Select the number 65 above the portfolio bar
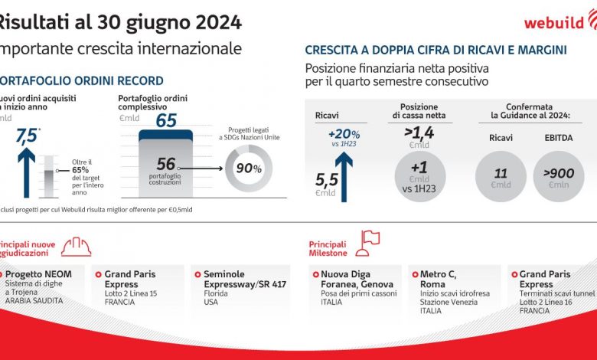(x=166, y=120)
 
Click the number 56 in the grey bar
(x=166, y=163)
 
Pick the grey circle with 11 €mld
(x=501, y=177)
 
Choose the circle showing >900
(x=559, y=177)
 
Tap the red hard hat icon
(x=76, y=245)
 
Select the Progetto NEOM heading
(x=39, y=273)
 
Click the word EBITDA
(x=558, y=138)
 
